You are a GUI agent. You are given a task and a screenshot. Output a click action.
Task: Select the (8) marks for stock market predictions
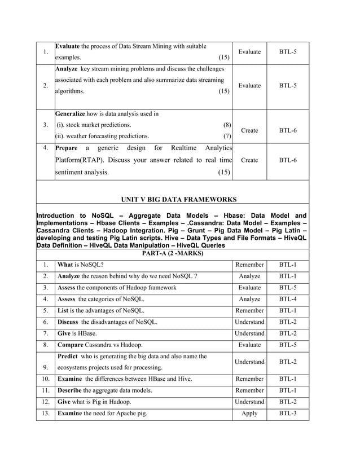pyautogui.click(x=227, y=125)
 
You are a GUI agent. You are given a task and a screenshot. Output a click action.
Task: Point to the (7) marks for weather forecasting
pyautogui.click(x=227, y=136)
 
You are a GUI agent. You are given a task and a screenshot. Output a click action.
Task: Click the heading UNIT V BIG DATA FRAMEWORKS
pyautogui.click(x=179, y=199)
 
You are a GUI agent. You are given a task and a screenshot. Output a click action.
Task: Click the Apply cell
pyautogui.click(x=249, y=414)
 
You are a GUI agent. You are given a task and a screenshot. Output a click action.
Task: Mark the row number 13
pyautogui.click(x=45, y=414)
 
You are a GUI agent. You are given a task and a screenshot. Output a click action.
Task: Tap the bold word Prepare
pyautogui.click(x=67, y=148)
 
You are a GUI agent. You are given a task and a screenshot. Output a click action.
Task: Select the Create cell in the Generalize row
pyautogui.click(x=249, y=130)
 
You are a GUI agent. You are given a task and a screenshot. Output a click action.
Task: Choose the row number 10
pyautogui.click(x=45, y=379)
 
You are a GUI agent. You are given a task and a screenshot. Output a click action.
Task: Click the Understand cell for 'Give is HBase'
pyautogui.click(x=249, y=333)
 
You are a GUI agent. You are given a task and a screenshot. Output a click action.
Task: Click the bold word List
pyautogui.click(x=63, y=310)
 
